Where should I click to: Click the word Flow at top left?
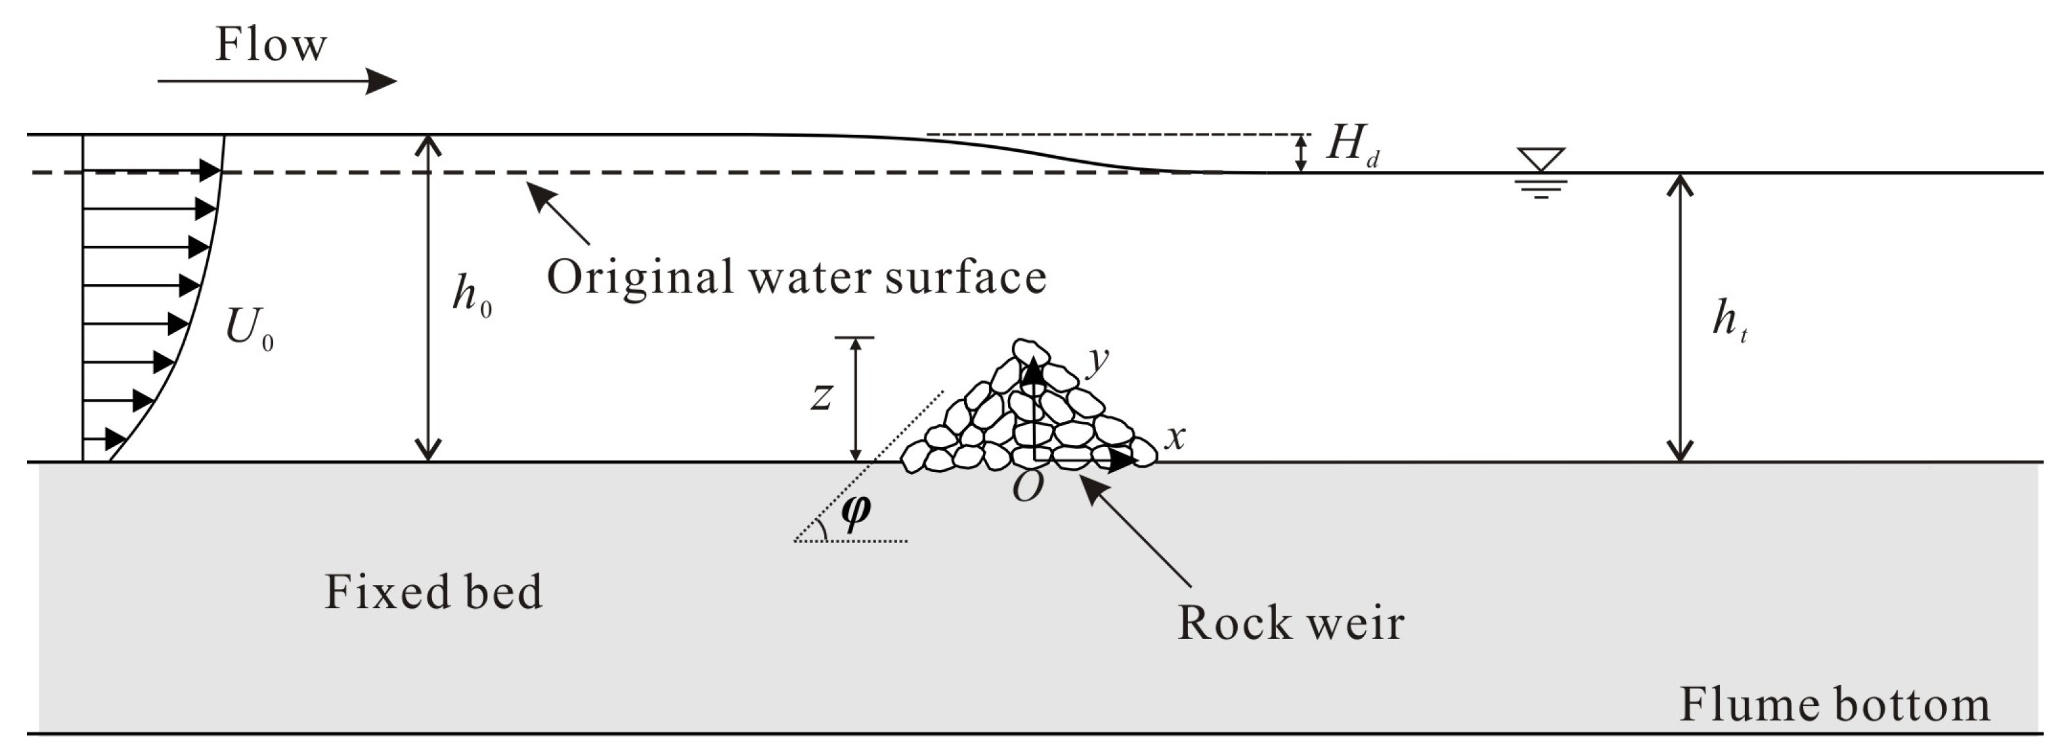[x=271, y=45]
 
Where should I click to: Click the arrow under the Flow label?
[x=276, y=81]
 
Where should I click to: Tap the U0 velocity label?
[x=249, y=329]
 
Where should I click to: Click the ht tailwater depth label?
[x=1729, y=320]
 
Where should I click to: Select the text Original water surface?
[x=796, y=277]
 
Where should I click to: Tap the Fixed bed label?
[x=433, y=592]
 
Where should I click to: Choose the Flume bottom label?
[x=1834, y=705]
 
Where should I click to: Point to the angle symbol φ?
[x=856, y=511]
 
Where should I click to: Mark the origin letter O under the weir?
[x=1027, y=486]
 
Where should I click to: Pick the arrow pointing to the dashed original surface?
[x=558, y=212]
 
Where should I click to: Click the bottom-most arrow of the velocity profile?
[x=105, y=439]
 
